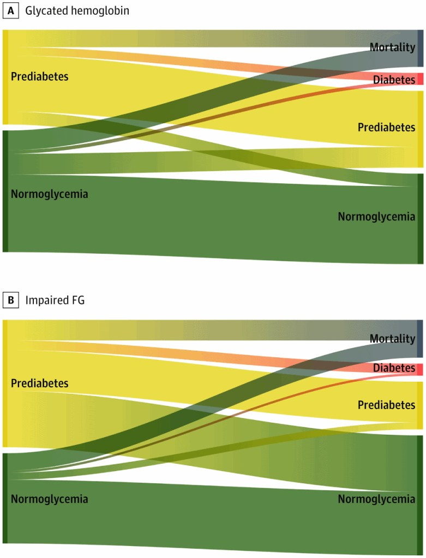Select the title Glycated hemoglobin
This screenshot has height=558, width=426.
coord(77,10)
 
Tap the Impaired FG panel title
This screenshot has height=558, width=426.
coord(55,299)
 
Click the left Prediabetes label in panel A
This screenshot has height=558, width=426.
coord(40,76)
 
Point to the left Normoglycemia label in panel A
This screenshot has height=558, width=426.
coord(49,194)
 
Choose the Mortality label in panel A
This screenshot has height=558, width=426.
coord(392,47)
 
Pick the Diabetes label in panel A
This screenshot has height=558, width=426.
coord(394,80)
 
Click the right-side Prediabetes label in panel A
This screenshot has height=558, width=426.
coord(386,127)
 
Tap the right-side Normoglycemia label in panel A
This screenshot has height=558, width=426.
coord(376,217)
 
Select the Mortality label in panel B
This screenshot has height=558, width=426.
coord(392,339)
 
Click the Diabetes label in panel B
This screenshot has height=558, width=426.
coord(394,368)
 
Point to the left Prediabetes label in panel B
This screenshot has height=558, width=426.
coord(40,383)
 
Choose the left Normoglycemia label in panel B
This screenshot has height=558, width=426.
coord(49,499)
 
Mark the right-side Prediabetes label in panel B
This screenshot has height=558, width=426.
coord(386,405)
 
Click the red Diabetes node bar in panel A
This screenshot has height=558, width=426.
coord(420,79)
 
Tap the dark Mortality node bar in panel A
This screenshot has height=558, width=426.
coord(420,48)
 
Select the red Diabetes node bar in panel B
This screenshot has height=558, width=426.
coord(420,369)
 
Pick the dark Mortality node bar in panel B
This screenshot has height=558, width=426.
coord(420,338)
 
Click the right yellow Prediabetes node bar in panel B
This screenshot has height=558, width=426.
coord(420,405)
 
